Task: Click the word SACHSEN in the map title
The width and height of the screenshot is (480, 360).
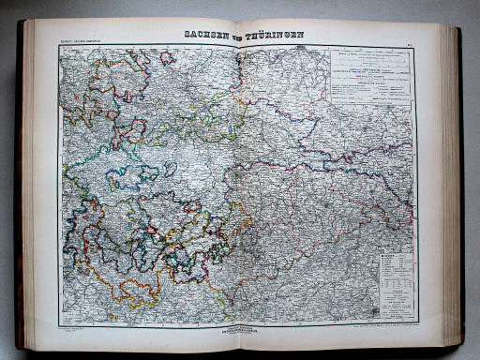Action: click(x=202, y=37)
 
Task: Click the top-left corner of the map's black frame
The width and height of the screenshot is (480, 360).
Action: click(x=59, y=47)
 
